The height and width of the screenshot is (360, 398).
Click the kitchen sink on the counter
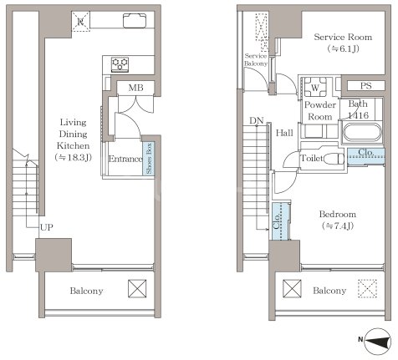[135, 21]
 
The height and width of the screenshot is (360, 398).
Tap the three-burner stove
[120, 64]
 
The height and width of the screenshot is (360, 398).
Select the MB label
[135, 88]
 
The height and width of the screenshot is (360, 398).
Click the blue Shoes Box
[149, 159]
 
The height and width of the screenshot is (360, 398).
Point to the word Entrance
[125, 159]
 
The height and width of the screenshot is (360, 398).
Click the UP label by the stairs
[46, 227]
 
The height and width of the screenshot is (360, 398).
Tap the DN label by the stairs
[257, 121]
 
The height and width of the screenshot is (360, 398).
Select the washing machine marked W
[315, 87]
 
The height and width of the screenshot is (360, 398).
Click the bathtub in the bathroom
[361, 133]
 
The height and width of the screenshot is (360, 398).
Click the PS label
[365, 86]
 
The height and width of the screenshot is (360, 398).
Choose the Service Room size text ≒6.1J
[343, 49]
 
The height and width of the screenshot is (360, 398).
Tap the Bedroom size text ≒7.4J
[338, 226]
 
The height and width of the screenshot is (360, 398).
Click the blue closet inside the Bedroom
[281, 221]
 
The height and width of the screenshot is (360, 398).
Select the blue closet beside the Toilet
[366, 156]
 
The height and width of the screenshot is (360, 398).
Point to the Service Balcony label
[256, 59]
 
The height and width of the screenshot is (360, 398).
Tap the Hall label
[284, 133]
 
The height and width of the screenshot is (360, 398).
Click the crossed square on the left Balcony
[137, 289]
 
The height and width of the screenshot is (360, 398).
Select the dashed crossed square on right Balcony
[367, 289]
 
